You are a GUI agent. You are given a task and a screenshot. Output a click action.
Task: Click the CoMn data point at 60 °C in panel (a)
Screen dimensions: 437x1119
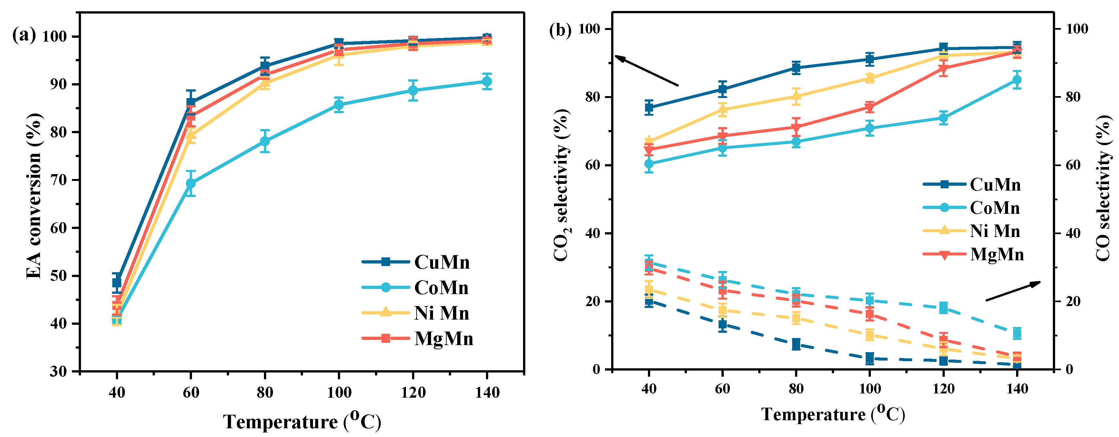coord(191,183)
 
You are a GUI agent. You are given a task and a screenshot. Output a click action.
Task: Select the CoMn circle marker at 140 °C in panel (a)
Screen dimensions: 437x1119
coord(487,81)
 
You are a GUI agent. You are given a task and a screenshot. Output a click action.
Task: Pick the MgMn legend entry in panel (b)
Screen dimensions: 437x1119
coord(997,254)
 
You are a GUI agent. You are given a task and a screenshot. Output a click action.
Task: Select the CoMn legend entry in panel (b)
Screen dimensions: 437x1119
coord(995,208)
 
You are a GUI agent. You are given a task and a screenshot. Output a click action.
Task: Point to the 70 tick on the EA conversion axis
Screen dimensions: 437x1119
coord(59,180)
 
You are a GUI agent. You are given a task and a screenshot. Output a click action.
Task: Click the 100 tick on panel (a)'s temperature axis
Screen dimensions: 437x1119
coord(339,392)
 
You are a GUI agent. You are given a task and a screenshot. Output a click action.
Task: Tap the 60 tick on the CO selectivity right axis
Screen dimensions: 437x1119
coord(1070,165)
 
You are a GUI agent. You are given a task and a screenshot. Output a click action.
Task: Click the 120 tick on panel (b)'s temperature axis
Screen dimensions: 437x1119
coord(943,388)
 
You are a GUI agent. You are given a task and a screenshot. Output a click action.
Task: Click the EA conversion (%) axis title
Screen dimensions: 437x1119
coord(34,195)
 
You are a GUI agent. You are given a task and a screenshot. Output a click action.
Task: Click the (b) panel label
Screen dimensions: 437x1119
coord(561,30)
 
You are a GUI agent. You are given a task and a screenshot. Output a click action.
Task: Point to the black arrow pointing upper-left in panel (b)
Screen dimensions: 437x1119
coord(646,70)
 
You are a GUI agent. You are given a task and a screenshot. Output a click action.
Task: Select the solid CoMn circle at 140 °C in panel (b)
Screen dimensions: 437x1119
coord(1017,80)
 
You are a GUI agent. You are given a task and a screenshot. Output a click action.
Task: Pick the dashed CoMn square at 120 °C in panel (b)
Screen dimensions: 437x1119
coord(943,308)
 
